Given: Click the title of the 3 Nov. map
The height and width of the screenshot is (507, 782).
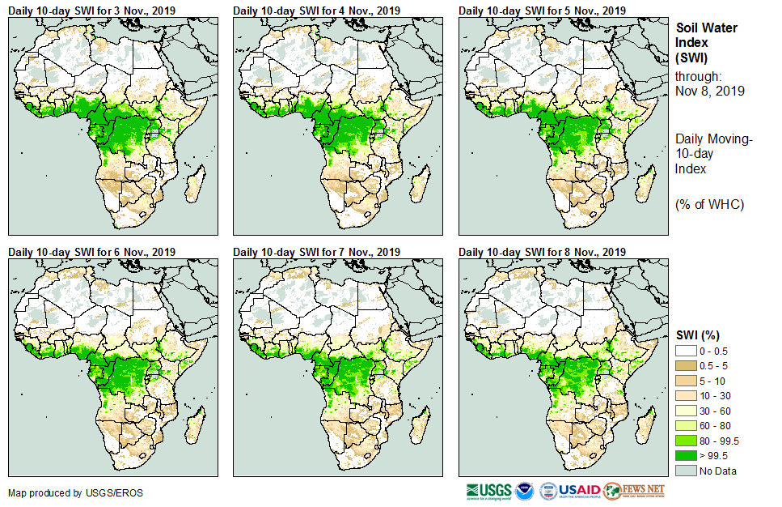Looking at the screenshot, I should [x=91, y=11].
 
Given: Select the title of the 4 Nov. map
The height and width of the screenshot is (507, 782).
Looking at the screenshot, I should [x=316, y=11].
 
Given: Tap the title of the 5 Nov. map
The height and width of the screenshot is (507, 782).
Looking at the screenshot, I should [x=542, y=11].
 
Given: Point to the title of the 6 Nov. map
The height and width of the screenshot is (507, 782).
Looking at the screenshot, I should [x=91, y=252].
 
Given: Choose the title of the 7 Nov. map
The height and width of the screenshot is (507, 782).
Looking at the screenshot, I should [x=316, y=252].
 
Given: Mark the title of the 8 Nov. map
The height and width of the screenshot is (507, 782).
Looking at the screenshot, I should [x=542, y=252].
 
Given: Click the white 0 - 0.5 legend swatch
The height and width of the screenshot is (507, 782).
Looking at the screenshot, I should [x=688, y=350].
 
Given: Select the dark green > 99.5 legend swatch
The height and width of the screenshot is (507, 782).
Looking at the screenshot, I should [x=688, y=456].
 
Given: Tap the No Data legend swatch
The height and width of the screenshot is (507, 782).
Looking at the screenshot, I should [x=688, y=471].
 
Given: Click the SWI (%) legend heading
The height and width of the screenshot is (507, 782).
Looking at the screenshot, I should [x=697, y=334].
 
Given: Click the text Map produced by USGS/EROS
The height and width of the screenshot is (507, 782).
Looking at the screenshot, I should [x=75, y=493].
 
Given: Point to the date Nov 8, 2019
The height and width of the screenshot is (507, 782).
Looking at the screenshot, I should [x=709, y=91].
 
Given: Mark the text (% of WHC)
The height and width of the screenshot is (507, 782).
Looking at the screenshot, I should [x=709, y=204].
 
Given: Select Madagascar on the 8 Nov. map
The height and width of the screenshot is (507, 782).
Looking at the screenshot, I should [x=645, y=425].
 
